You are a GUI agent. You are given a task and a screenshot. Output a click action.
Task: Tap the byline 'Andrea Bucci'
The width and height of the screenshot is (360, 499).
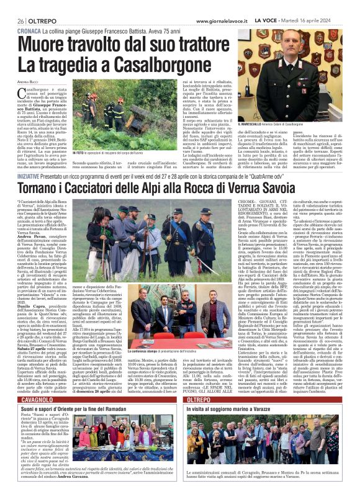29,81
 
